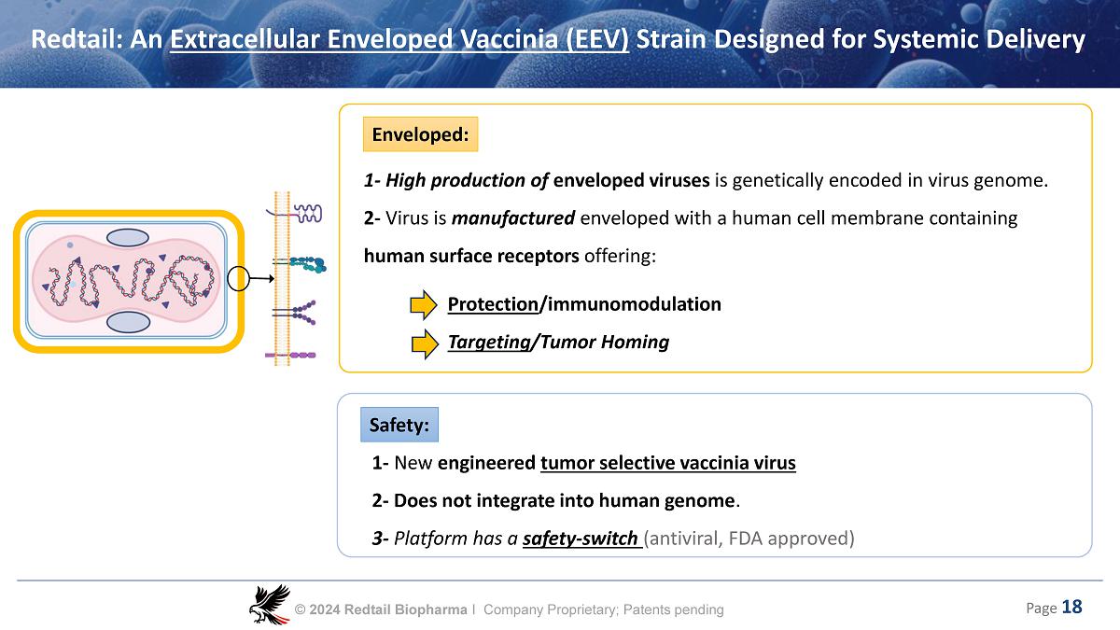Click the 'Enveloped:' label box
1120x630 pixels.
coord(420,134)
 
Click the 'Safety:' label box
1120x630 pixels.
coord(399,426)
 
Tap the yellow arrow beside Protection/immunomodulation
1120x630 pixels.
coord(425,304)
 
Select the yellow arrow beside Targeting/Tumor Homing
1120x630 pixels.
coord(425,343)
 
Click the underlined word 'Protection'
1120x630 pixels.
coord(493,304)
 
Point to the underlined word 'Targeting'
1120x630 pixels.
coord(488,343)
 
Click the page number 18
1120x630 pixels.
coord(1071,608)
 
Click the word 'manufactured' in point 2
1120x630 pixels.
coord(513,218)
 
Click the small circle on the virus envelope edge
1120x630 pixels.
coord(239,278)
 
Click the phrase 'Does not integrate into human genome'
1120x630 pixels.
coord(565,501)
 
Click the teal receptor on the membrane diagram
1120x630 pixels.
coord(306,265)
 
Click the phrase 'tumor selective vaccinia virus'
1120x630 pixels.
coord(668,463)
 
